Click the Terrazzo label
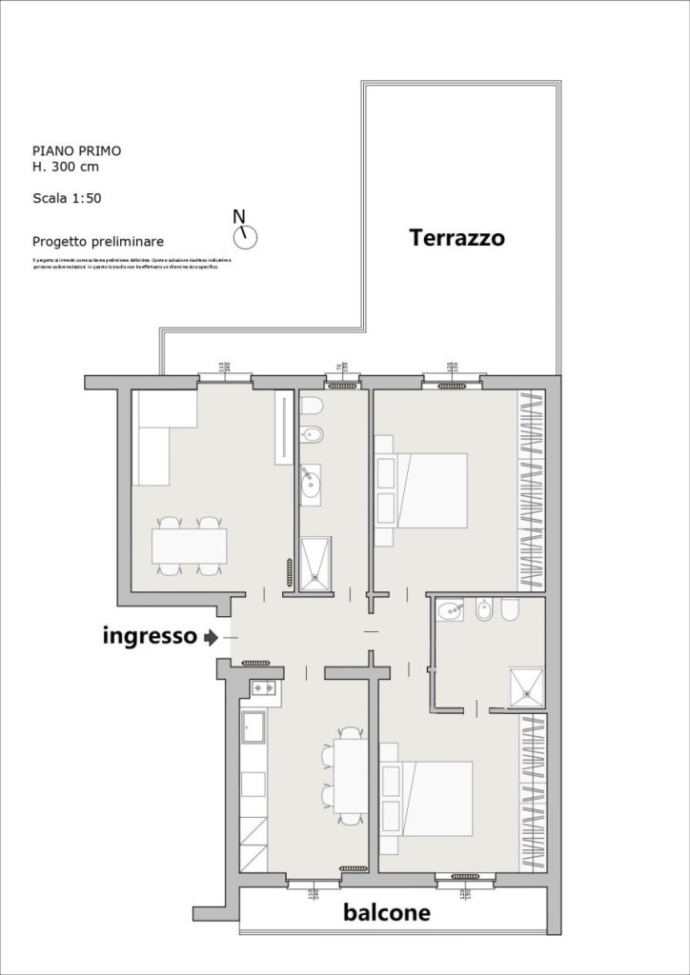[457, 238]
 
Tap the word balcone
[386, 913]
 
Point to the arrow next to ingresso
[211, 637]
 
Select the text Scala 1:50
[67, 199]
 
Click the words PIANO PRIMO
[76, 150]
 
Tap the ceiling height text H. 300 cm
[65, 167]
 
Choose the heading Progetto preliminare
[97, 242]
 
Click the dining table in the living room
[189, 547]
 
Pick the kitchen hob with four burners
[264, 688]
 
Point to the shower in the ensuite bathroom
[527, 685]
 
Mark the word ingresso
[150, 637]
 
